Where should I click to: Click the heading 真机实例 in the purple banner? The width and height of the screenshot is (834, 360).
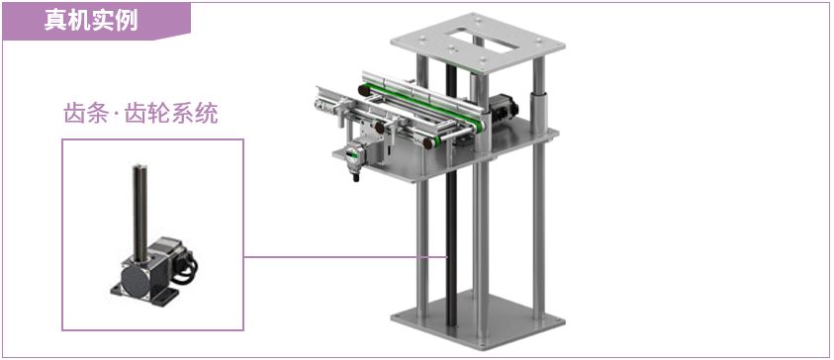coord(91,21)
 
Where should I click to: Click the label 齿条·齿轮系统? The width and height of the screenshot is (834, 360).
coord(140,114)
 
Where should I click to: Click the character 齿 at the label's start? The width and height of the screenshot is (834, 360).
coord(75,114)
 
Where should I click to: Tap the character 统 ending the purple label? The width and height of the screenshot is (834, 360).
coord(207,114)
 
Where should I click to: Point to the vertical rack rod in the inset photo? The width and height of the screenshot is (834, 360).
coord(140,213)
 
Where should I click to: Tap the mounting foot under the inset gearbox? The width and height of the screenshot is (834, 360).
coord(143,296)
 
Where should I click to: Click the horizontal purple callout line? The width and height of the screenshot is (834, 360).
coord(345,257)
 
